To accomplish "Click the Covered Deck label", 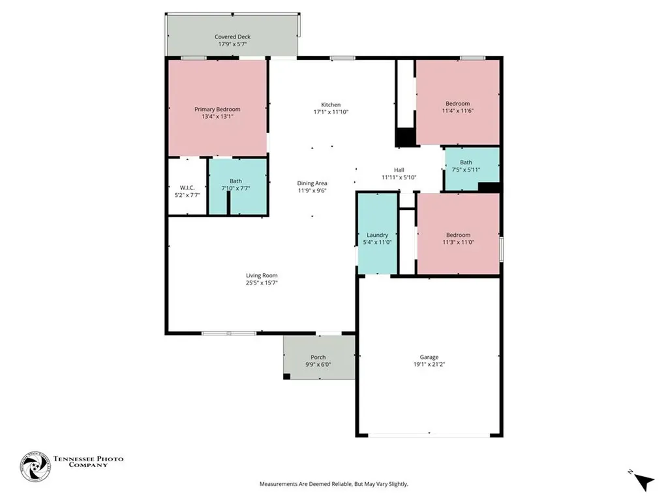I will [232, 37].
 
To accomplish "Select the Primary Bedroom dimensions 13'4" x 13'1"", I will [217, 117].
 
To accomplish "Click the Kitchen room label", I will [331, 104].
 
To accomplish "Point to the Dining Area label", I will [312, 183].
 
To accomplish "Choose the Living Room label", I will [262, 275].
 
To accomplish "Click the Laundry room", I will [377, 235].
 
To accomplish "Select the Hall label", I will [399, 170].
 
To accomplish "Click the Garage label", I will [429, 357].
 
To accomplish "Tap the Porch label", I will [318, 357].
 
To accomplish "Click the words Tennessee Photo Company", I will [87, 461].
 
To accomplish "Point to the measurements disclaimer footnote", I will [333, 484].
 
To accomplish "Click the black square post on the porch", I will [287, 376].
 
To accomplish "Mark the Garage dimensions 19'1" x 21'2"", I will [429, 365].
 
